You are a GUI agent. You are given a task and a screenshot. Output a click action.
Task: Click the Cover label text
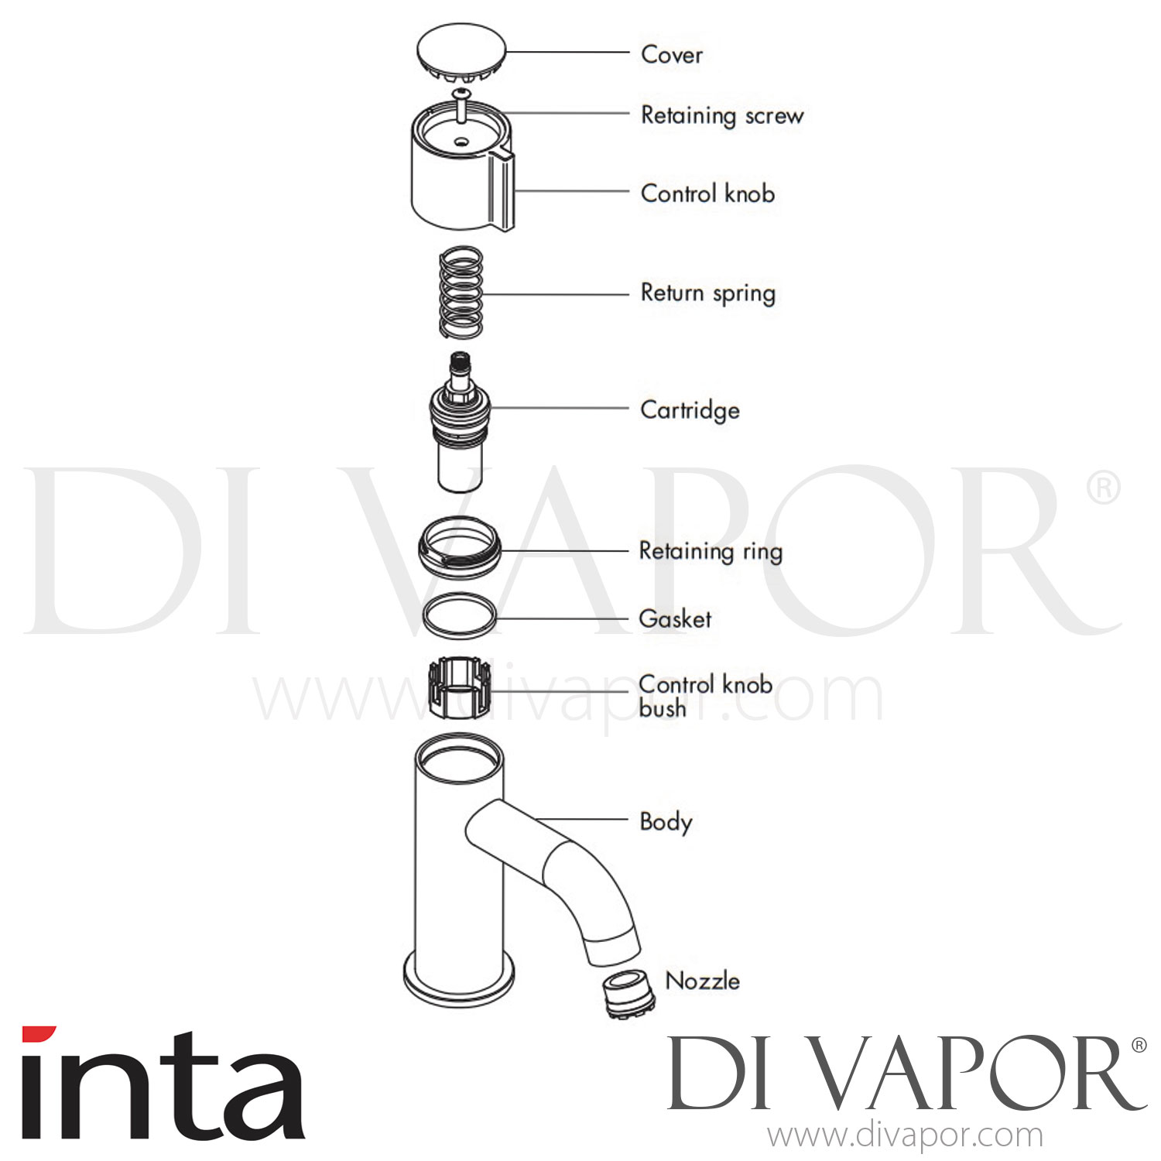click(672, 55)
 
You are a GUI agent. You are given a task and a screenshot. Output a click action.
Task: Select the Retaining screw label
click(722, 116)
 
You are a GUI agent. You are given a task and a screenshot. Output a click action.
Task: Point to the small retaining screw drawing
click(462, 104)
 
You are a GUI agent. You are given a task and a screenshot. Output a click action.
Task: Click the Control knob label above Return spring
click(707, 193)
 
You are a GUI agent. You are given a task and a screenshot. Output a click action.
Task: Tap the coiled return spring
click(461, 293)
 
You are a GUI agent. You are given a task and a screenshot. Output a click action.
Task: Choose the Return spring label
click(707, 293)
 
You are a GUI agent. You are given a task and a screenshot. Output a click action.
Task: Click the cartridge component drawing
click(461, 422)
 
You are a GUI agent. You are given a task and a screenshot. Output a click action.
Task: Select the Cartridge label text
click(690, 410)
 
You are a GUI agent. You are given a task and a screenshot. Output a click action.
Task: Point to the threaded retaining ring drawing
click(460, 544)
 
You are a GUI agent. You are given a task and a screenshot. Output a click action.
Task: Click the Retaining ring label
click(711, 551)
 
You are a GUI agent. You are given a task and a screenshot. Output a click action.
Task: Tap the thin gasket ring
click(460, 616)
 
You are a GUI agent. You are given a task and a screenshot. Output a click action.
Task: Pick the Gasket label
click(675, 618)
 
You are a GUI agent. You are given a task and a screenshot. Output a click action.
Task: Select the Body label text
click(666, 822)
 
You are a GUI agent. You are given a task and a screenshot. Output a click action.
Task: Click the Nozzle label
click(703, 981)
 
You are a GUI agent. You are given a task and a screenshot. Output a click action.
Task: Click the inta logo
click(163, 1084)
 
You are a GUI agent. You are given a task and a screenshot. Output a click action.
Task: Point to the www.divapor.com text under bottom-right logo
click(905, 1135)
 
